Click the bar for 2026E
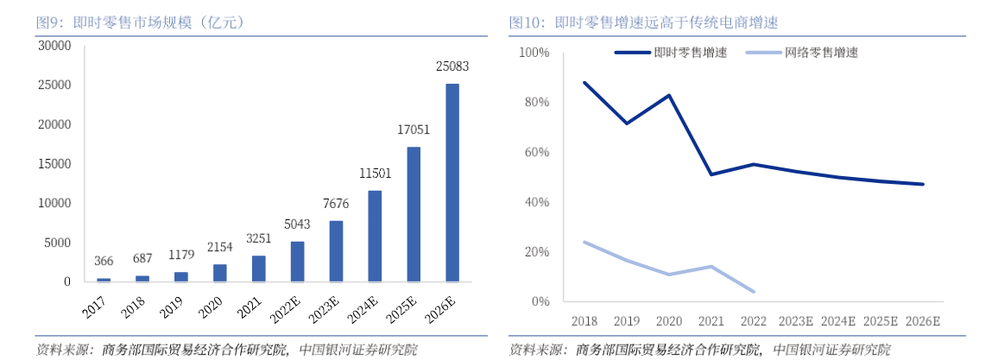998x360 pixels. [x=452, y=182]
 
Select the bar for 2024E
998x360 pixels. [x=375, y=236]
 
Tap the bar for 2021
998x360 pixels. [x=259, y=268]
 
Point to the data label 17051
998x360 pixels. [x=414, y=129]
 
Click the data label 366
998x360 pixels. [x=104, y=262]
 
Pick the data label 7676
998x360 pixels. [x=336, y=204]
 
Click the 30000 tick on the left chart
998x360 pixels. [x=54, y=46]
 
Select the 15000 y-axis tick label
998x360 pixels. [x=54, y=164]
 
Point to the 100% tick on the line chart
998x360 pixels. [x=534, y=53]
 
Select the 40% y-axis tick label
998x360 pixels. [x=536, y=202]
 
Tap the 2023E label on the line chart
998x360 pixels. [x=795, y=320]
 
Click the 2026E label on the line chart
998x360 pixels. [x=922, y=320]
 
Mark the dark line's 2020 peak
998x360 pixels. [x=669, y=95]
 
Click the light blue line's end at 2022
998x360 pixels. [x=754, y=292]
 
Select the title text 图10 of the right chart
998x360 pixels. [x=526, y=22]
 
